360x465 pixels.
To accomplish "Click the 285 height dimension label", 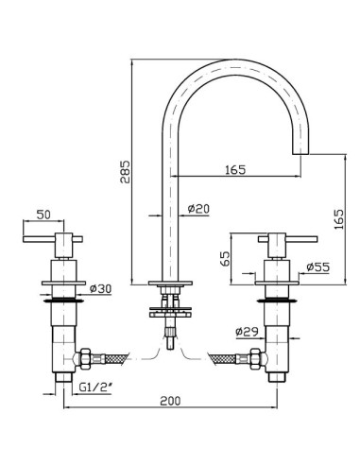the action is coord(125,172).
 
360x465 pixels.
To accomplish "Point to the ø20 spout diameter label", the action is coord(198,209).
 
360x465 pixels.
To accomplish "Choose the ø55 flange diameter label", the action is coord(318,267).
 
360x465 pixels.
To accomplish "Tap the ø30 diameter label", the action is coord(100,288).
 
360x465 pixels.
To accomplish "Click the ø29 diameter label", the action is coord(247,332).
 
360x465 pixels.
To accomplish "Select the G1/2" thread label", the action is coord(95,387).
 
